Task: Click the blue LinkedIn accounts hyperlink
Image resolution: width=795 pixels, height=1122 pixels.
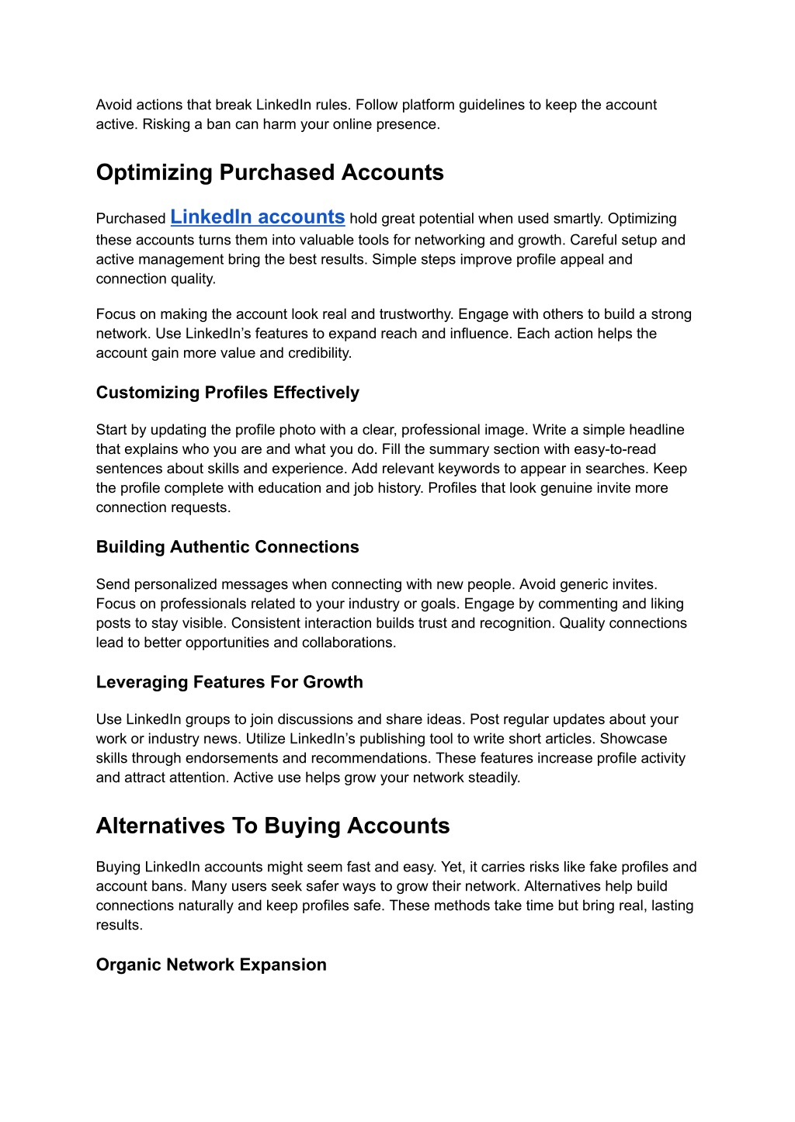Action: [x=257, y=217]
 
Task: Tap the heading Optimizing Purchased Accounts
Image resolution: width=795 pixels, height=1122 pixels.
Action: [x=269, y=172]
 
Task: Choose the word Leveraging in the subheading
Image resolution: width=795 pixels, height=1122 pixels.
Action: [x=142, y=682]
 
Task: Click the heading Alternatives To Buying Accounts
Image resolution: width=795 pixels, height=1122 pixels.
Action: [x=273, y=826]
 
